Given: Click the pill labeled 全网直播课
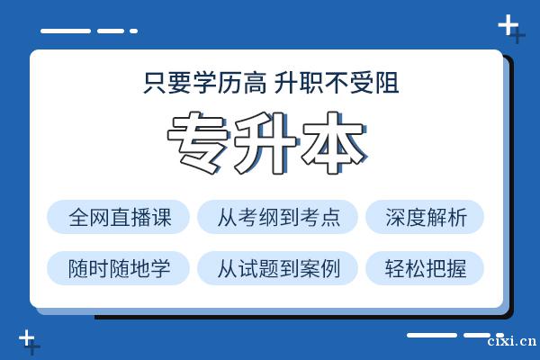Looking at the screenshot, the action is (x=118, y=217).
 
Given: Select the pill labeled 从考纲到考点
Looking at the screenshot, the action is (x=277, y=217).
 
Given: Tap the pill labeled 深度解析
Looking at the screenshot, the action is (x=425, y=217).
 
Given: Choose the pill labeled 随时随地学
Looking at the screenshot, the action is (x=118, y=268).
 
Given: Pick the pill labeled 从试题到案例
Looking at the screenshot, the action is (x=277, y=268).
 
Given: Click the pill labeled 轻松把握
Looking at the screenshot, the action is (x=425, y=268).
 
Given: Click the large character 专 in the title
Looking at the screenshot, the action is (x=198, y=143).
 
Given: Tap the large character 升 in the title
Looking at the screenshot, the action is (x=265, y=143).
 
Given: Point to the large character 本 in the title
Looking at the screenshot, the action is (x=334, y=143).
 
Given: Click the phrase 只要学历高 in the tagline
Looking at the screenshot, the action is (x=205, y=83).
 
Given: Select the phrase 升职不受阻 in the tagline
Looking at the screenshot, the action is (x=337, y=83).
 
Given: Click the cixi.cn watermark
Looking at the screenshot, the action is (x=512, y=341).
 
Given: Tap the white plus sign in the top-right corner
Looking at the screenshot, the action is (x=508, y=25).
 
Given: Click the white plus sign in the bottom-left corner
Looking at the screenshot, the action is (x=26, y=338).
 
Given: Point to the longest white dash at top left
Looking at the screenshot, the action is (x=66, y=31).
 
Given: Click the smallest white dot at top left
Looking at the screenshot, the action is (x=133, y=31).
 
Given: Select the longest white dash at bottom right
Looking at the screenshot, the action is (x=432, y=335).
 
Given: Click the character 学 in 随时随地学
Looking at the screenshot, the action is (x=160, y=268).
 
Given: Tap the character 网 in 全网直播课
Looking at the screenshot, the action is (x=100, y=217).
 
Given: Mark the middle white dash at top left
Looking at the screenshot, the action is (x=111, y=31).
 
